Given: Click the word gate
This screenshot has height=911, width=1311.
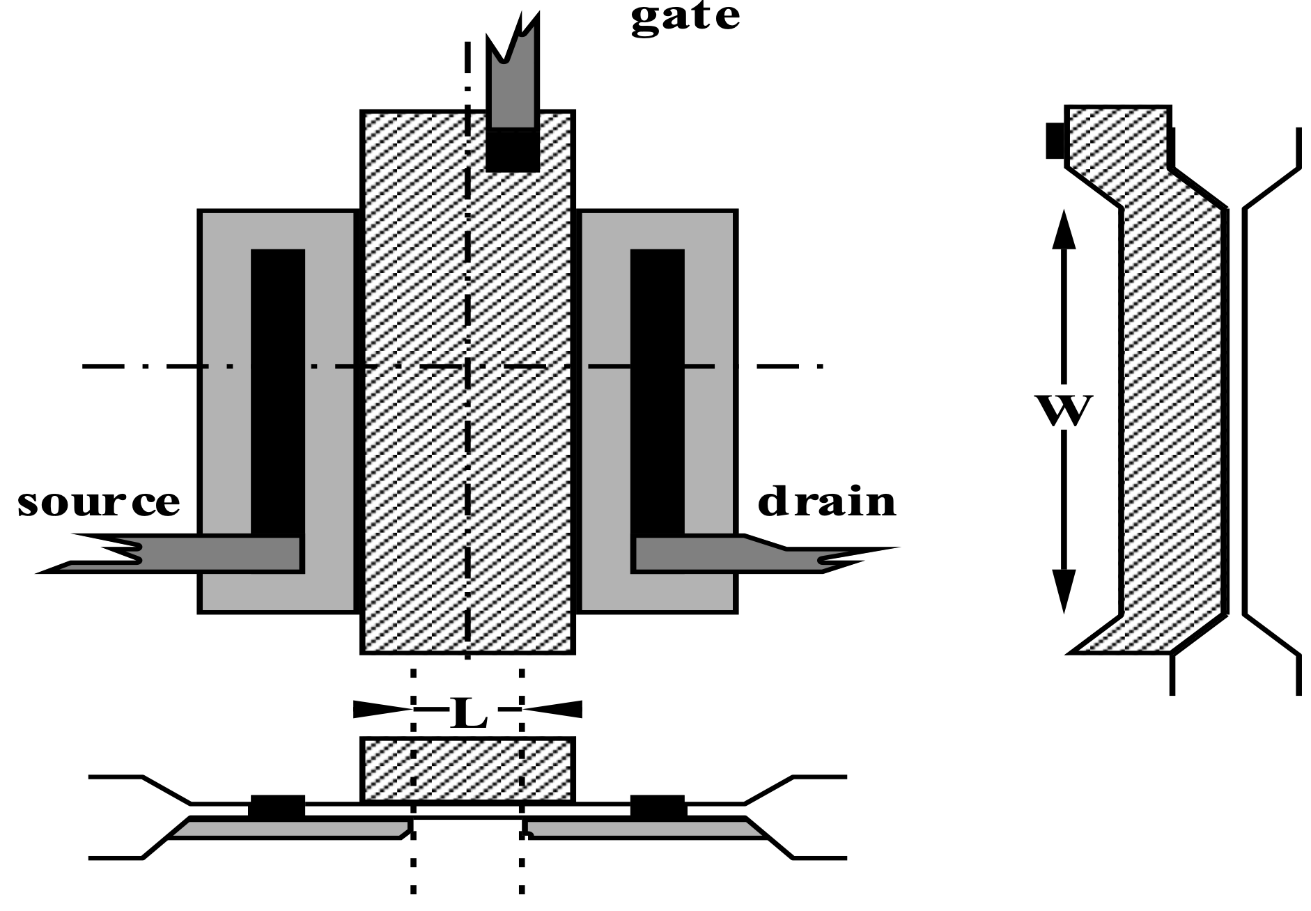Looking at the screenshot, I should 685,17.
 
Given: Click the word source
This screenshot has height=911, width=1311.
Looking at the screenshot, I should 98,502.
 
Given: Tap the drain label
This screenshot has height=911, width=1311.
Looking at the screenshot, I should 826,501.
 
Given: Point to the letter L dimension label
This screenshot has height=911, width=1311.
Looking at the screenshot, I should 468,713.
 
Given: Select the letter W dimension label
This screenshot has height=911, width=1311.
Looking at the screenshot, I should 1063,411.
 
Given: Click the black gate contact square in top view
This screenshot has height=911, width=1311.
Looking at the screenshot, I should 513,150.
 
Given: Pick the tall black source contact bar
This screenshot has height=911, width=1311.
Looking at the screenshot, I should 277,390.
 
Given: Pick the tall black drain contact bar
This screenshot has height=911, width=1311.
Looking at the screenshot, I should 657,390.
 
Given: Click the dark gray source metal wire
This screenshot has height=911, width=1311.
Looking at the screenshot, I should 209,554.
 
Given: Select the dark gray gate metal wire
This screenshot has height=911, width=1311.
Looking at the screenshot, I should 513,91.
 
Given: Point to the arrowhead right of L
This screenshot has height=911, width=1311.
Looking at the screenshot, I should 554,709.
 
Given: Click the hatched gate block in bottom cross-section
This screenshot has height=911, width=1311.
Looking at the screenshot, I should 467,769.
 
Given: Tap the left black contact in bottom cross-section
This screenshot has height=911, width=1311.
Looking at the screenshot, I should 277,807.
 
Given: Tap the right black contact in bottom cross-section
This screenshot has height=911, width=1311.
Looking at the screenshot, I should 658,807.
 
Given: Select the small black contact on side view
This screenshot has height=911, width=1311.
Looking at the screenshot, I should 1055,141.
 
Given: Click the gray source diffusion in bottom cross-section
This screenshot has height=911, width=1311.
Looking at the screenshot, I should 293,829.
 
